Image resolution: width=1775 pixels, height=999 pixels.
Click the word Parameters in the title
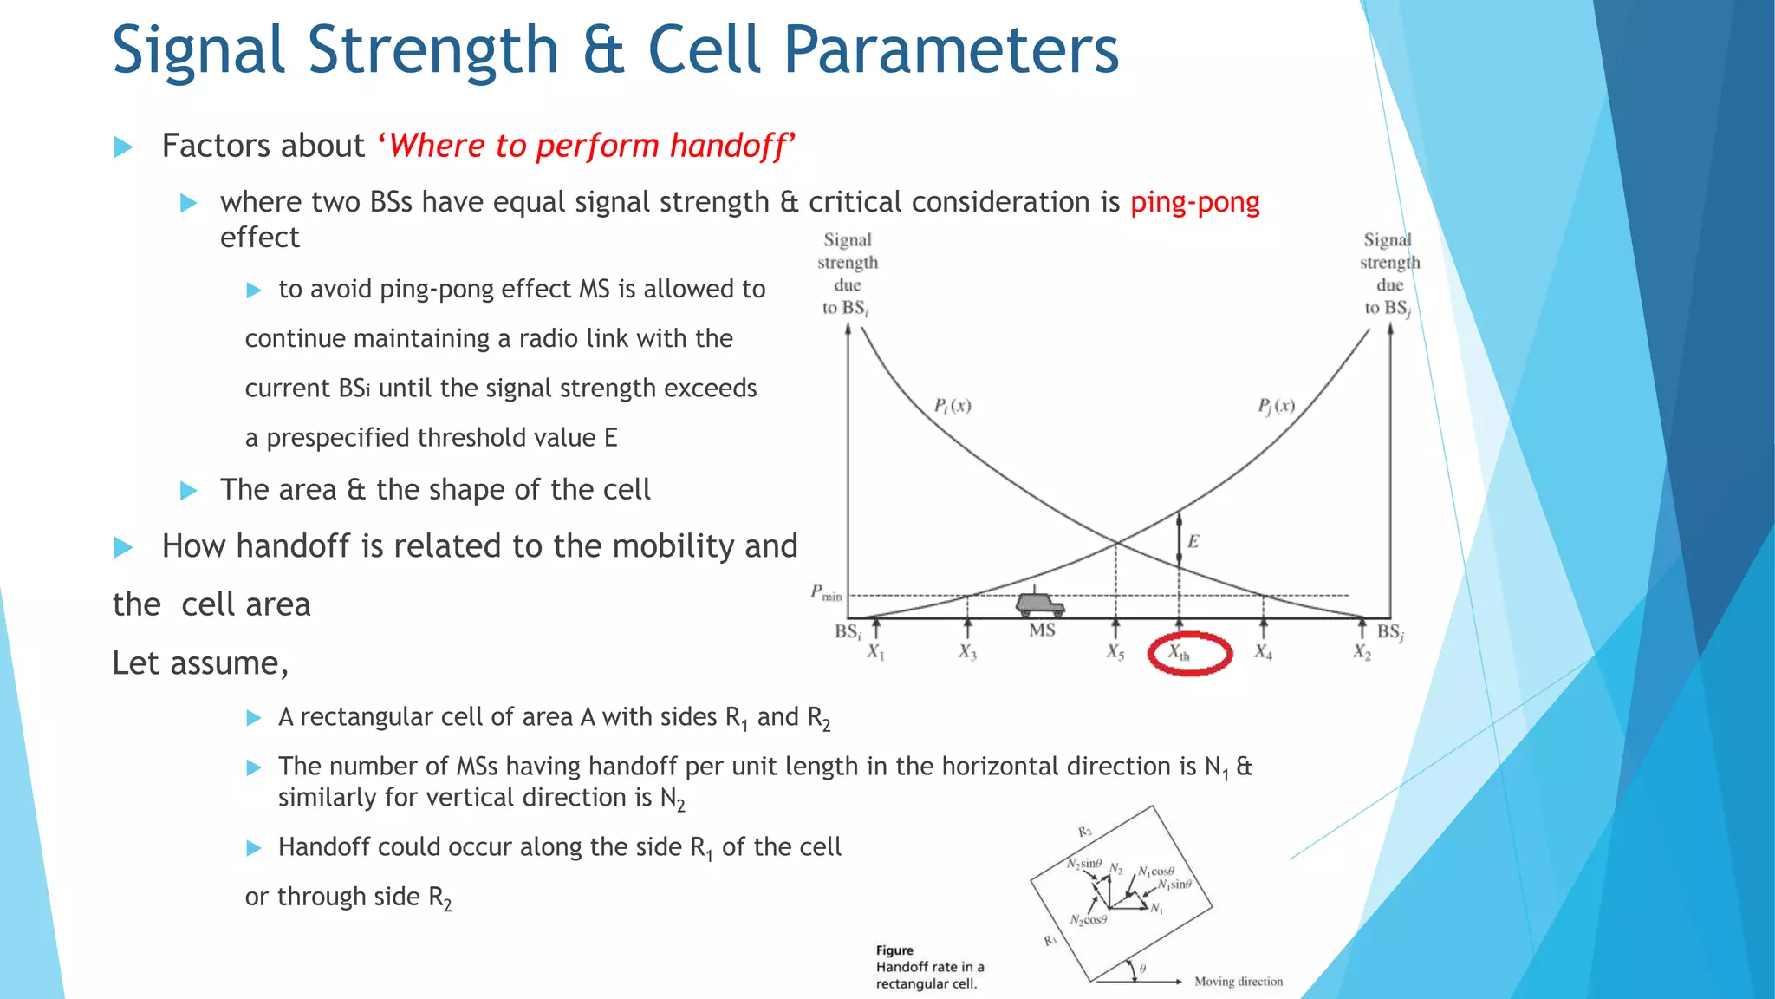(951, 50)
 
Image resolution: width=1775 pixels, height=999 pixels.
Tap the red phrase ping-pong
(1194, 202)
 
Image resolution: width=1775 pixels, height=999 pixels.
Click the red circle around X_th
(1189, 653)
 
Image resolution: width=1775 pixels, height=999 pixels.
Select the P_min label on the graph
(825, 593)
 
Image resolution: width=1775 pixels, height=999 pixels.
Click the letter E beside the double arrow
(1193, 542)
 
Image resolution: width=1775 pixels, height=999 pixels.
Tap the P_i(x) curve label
(952, 406)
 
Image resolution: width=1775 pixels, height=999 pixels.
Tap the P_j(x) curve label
(1276, 406)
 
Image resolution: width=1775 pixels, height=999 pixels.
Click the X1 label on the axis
(875, 652)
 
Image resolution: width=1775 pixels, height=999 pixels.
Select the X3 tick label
(967, 652)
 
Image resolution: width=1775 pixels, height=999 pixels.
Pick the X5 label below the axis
(1115, 652)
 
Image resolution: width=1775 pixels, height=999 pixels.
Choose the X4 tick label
(1263, 652)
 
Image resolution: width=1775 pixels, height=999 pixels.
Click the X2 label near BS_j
(1362, 652)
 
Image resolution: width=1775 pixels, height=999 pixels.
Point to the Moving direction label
(1238, 982)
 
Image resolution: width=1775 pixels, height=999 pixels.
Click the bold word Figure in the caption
(894, 950)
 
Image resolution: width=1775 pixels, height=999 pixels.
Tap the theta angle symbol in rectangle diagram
(1142, 969)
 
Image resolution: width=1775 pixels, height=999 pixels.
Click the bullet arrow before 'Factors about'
(124, 147)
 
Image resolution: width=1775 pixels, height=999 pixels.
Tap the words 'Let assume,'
(199, 663)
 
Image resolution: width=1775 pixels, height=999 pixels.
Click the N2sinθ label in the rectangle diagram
(1083, 864)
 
